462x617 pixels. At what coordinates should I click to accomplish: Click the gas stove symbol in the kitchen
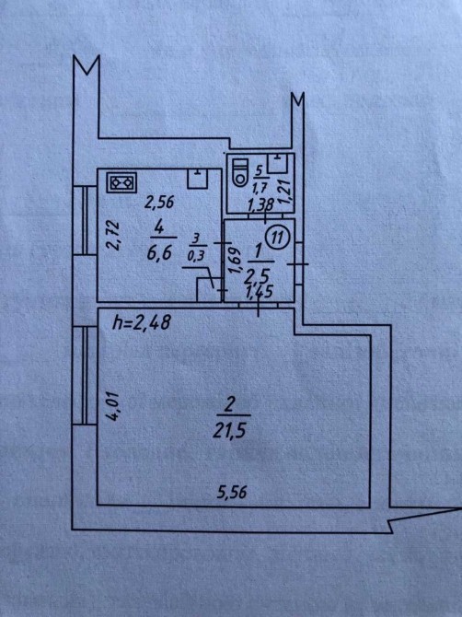122,182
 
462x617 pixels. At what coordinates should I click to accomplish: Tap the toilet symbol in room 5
239,172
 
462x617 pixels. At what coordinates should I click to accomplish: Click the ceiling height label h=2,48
141,322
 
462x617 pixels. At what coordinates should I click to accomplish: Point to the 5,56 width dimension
232,492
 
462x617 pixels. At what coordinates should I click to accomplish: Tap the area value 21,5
229,431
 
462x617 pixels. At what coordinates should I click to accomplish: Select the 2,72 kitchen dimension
114,235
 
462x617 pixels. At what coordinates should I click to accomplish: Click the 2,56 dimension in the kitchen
159,203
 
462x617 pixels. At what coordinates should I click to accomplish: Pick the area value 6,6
159,252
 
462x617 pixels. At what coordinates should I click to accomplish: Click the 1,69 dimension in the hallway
235,260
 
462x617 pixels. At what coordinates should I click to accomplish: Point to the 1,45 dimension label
260,292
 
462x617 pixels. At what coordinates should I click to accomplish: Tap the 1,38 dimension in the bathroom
260,204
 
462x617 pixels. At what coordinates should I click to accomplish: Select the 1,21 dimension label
285,192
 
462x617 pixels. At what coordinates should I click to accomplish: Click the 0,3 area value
197,257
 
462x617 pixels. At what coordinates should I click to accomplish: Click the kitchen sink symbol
197,179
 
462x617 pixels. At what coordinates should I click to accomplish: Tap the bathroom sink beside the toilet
279,163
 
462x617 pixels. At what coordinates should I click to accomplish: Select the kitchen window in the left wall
85,219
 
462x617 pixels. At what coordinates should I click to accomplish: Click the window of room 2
85,375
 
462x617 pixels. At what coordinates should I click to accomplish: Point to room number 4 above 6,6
159,228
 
